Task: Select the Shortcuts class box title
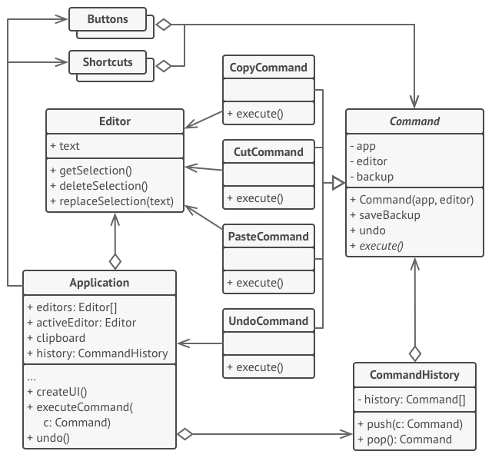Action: (108, 61)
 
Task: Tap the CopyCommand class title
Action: (269, 68)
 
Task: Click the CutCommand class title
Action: (269, 152)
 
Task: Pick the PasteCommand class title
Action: (269, 237)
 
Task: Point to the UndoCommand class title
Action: (269, 321)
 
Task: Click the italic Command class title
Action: (414, 121)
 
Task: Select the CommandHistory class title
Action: (414, 375)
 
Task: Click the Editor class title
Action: (115, 121)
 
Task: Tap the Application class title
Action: (99, 282)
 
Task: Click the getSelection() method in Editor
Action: (91, 171)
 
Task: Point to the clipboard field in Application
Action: (56, 337)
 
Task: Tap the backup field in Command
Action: (375, 177)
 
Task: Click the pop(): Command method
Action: (405, 439)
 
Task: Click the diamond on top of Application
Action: (115, 261)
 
